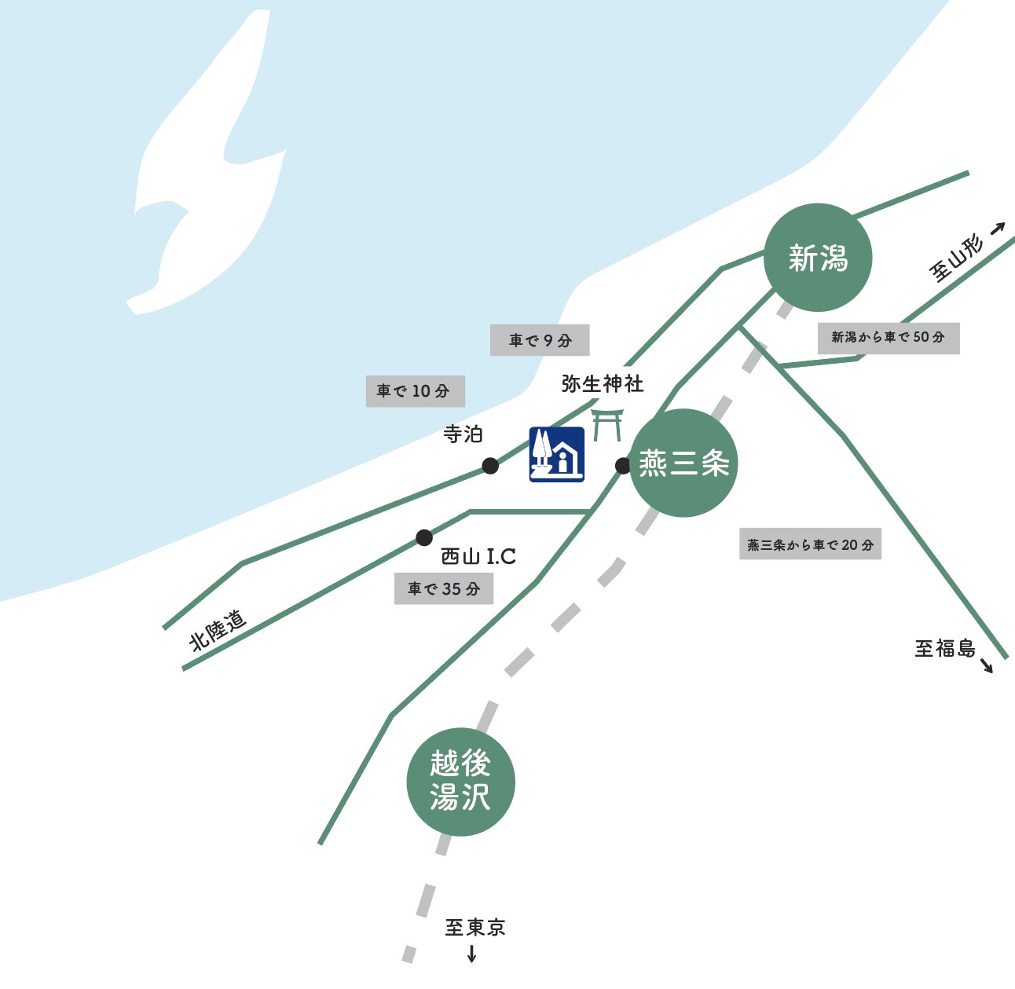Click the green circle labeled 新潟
[x=817, y=257]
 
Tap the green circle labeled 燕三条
[x=683, y=463]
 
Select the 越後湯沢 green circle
[x=460, y=782]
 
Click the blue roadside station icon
[x=556, y=454]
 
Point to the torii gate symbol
[x=607, y=425]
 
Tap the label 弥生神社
[x=603, y=384]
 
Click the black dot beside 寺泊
[x=489, y=466]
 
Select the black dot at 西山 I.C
[x=424, y=537]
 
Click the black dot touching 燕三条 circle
[x=622, y=466]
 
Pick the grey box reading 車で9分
[x=540, y=340]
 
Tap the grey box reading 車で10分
[x=415, y=391]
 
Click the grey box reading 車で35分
[x=443, y=588]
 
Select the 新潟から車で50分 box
[x=889, y=338]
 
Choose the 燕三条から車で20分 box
[x=810, y=544]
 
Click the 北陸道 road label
[x=218, y=631]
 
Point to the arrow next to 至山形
[x=997, y=229]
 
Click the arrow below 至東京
[x=471, y=954]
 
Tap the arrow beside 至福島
[x=986, y=665]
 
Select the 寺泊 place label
[x=463, y=434]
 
